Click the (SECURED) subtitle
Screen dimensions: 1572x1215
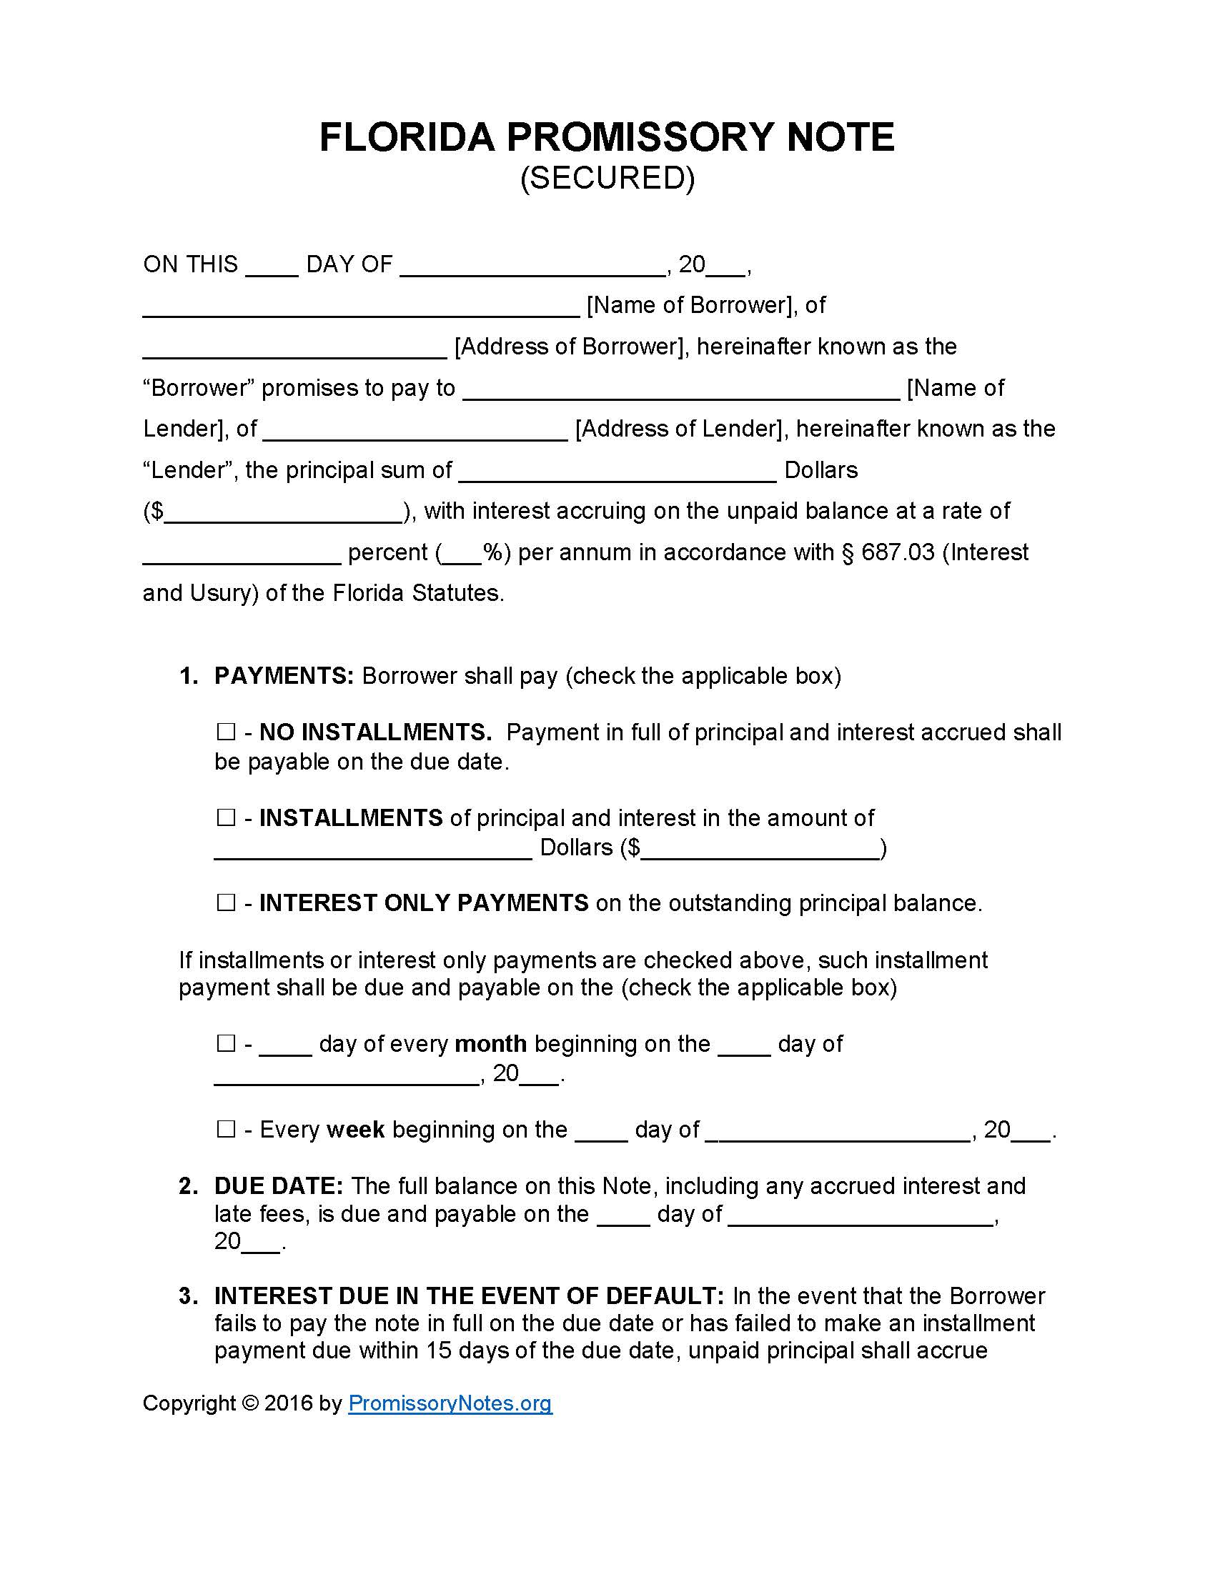pos(607,178)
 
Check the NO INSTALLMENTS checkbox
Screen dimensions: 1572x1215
pos(226,732)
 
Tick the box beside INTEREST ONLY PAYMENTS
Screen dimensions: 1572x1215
pos(226,902)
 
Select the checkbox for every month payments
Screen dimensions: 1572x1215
pos(226,1043)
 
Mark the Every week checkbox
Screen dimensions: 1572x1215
pos(226,1128)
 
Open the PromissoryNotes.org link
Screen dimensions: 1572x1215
pos(450,1403)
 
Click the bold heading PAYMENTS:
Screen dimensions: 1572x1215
pos(284,676)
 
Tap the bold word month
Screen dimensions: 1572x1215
pos(491,1043)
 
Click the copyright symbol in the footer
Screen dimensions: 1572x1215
pos(250,1403)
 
